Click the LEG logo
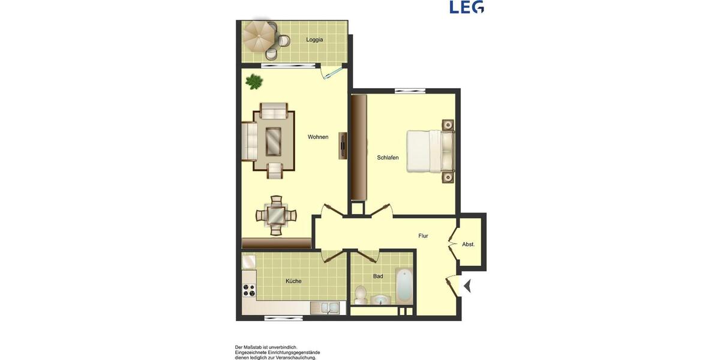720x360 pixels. [x=467, y=7]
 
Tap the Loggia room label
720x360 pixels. [x=314, y=40]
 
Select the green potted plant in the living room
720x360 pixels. [x=254, y=81]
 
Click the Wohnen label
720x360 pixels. [x=318, y=137]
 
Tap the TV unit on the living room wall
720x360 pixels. [x=343, y=145]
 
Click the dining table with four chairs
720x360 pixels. [x=276, y=214]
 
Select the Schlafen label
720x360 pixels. [x=388, y=158]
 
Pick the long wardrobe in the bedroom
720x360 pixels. [x=359, y=147]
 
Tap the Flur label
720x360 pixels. [x=423, y=236]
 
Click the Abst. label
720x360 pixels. [x=469, y=244]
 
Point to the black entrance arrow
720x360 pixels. [x=467, y=287]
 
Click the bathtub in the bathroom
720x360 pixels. [x=404, y=286]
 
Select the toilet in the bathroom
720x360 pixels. [x=360, y=294]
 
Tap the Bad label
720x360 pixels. [x=378, y=277]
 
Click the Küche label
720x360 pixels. [x=293, y=281]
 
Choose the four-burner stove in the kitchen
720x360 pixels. [x=248, y=290]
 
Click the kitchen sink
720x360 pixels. [x=325, y=308]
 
